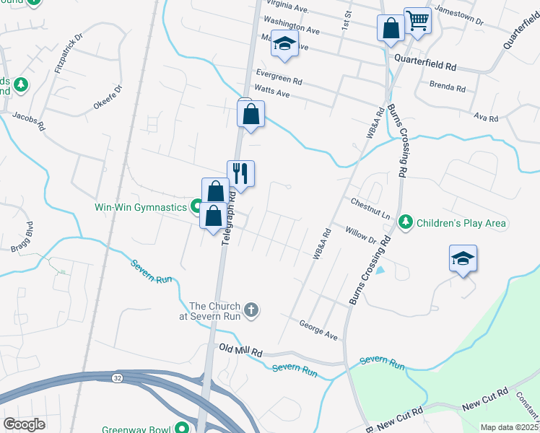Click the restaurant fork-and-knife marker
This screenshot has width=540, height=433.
[241, 174]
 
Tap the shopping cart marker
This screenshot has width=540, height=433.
[417, 22]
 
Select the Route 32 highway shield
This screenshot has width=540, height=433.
[116, 377]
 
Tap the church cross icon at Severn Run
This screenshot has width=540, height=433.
[251, 310]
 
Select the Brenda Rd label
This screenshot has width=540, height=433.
[448, 87]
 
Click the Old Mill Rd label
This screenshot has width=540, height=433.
[240, 351]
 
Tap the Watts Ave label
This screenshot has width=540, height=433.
[272, 93]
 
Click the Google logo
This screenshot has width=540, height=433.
[25, 424]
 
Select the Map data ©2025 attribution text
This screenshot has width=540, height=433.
[509, 427]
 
